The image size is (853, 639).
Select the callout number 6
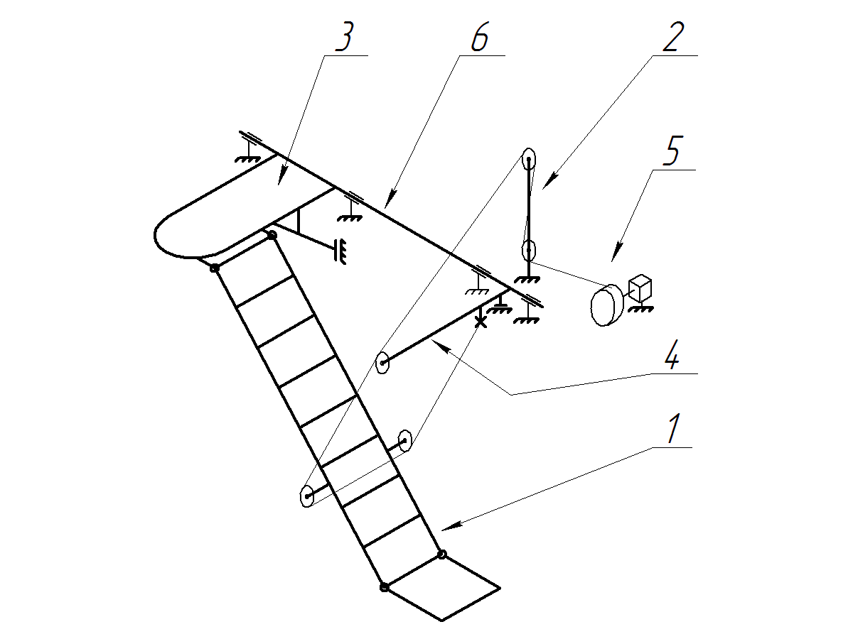pos(480,40)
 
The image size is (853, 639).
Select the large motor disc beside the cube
pos(604,306)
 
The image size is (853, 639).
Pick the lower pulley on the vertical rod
pos(529,250)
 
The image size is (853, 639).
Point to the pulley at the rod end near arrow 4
pos(382,364)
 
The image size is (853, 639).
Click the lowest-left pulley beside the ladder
pos(307,496)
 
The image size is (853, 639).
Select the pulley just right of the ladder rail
pos(405,441)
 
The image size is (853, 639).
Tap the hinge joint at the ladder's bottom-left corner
pos(384,587)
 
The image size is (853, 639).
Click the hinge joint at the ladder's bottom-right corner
pos(441,554)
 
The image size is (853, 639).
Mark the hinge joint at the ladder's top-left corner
pos(214,268)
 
